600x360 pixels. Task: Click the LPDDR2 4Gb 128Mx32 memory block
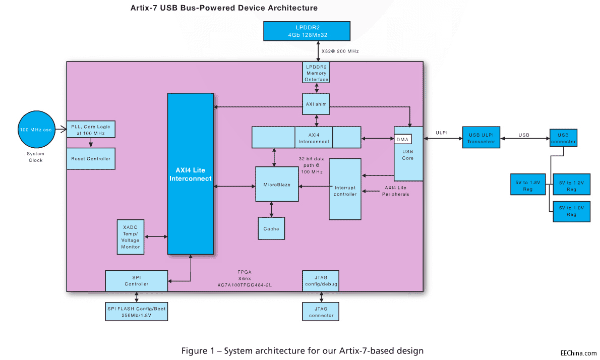pyautogui.click(x=307, y=31)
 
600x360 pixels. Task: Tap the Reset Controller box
pyautogui.click(x=91, y=159)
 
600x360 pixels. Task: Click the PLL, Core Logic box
pyautogui.click(x=91, y=130)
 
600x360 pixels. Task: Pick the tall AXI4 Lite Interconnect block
pyautogui.click(x=190, y=173)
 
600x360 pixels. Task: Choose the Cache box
pyautogui.click(x=271, y=228)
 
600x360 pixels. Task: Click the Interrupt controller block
pyautogui.click(x=345, y=189)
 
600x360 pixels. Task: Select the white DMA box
pyautogui.click(x=402, y=139)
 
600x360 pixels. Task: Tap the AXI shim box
pyautogui.click(x=316, y=104)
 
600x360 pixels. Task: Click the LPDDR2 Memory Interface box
pyautogui.click(x=316, y=73)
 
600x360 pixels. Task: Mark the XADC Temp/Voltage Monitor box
pyautogui.click(x=130, y=237)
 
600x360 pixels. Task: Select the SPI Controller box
pyautogui.click(x=136, y=281)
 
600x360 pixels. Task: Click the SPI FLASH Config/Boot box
pyautogui.click(x=136, y=312)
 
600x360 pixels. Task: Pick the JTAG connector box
pyautogui.click(x=321, y=312)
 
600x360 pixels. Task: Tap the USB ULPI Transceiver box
pyautogui.click(x=481, y=137)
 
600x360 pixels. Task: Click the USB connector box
pyautogui.click(x=563, y=137)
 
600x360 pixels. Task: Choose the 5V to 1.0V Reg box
pyautogui.click(x=571, y=211)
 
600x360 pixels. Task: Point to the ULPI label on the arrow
pyautogui.click(x=441, y=134)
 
